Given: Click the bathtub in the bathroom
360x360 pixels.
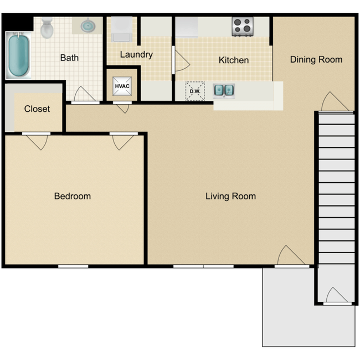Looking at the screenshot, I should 19,56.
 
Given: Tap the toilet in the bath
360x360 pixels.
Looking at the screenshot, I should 47,27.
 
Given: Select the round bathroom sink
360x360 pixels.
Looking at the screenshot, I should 88,25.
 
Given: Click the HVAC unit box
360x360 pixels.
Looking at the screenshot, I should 121,86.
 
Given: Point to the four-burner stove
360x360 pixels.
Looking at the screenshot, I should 242,26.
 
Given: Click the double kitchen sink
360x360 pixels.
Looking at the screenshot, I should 224,90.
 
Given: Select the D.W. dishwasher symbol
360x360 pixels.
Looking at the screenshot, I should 195,91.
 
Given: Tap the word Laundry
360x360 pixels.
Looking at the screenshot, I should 136,55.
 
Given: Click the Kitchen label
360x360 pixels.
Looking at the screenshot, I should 233,60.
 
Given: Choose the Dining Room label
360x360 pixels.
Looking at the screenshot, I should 316,59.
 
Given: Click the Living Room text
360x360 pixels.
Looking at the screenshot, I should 230,196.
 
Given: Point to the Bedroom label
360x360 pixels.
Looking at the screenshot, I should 72,196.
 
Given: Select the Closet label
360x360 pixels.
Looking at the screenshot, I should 37,109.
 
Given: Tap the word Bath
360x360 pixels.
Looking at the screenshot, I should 69,58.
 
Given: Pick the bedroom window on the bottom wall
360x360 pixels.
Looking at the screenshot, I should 73,266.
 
